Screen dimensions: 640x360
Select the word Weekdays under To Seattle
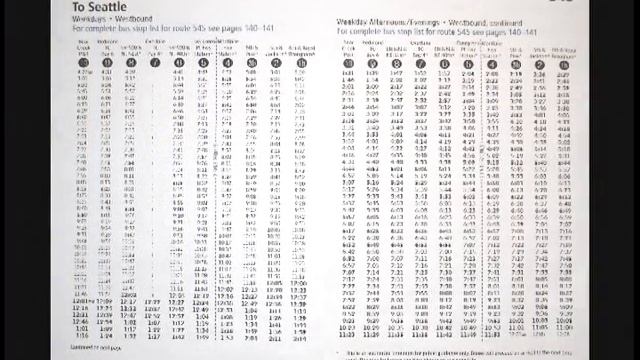(90, 18)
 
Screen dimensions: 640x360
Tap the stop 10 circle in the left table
(83, 62)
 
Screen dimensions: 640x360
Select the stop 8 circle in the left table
(131, 62)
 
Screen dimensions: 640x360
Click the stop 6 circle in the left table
(180, 62)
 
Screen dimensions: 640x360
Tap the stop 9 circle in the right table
(372, 63)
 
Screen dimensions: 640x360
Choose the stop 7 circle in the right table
(420, 63)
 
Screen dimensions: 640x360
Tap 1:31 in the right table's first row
(349, 73)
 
